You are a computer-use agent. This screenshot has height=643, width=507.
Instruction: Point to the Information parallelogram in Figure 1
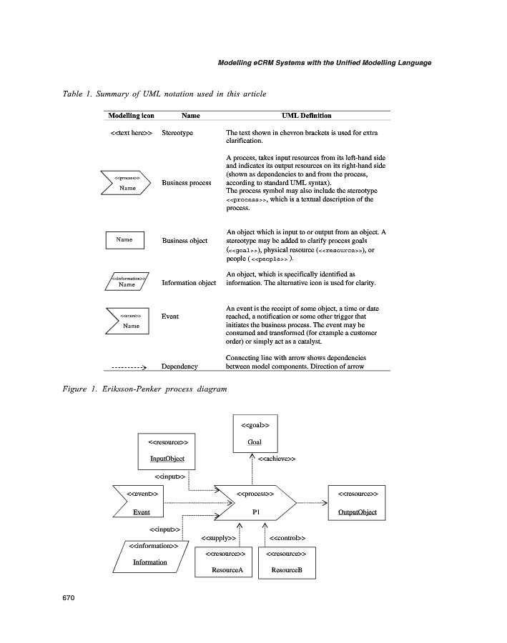coord(151,555)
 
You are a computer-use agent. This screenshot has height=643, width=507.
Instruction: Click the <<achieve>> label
coord(277,459)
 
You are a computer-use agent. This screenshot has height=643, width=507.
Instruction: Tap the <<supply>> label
coord(219,537)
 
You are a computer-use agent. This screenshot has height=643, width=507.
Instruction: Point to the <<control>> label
coord(287,537)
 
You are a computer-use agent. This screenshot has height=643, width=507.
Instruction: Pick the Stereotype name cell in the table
coord(177,133)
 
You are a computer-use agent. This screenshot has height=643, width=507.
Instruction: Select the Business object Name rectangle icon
coord(125,240)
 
